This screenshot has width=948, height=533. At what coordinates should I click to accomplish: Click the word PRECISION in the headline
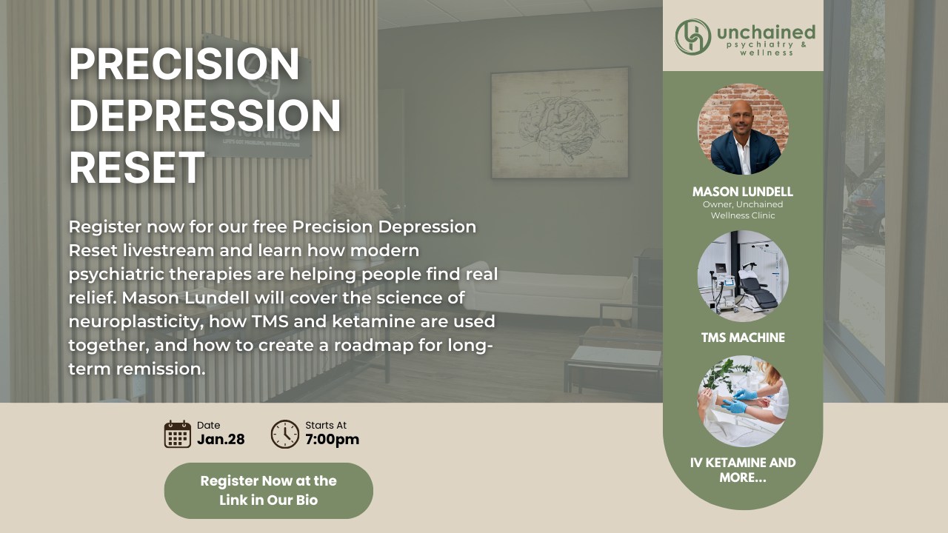pos(184,64)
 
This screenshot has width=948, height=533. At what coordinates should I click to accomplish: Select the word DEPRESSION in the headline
pos(205,115)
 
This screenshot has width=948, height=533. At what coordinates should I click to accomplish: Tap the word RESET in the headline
pos(137,167)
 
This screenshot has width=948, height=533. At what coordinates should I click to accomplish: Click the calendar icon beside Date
pos(177,434)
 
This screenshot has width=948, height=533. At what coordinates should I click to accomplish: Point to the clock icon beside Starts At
pos(285,434)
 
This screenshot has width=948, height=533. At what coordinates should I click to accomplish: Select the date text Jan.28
pos(221,440)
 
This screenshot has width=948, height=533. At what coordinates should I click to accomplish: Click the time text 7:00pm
pos(333,440)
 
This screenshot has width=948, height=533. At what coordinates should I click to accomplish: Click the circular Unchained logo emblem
pos(692,37)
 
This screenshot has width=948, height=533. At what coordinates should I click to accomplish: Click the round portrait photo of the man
pos(743,129)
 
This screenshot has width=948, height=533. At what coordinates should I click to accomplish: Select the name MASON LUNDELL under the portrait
pos(743,192)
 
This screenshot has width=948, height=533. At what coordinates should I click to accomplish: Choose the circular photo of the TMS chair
pos(743,276)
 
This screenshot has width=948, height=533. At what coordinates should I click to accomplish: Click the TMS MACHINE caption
pos(743,338)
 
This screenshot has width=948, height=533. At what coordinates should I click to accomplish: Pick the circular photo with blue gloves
pos(743,401)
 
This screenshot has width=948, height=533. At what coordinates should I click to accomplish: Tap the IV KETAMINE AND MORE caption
pos(743,470)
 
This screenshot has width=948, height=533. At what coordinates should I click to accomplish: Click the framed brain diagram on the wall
pos(560,123)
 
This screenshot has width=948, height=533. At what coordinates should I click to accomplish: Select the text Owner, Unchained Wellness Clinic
pos(743,209)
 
